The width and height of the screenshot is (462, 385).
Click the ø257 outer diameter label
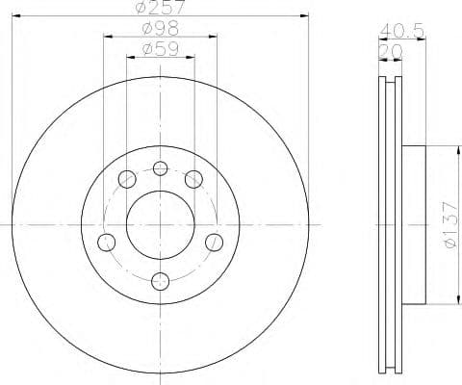click(161, 8)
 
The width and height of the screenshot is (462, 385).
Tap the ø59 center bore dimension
click(161, 48)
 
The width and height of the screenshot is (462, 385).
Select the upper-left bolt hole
click(126, 178)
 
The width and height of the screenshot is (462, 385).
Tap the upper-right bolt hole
click(194, 178)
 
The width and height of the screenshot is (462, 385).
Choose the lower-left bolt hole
click(107, 240)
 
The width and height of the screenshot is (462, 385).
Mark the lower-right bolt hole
click(215, 240)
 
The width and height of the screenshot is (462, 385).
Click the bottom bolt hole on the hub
click(161, 280)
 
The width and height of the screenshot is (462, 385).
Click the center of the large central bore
click(161, 223)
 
